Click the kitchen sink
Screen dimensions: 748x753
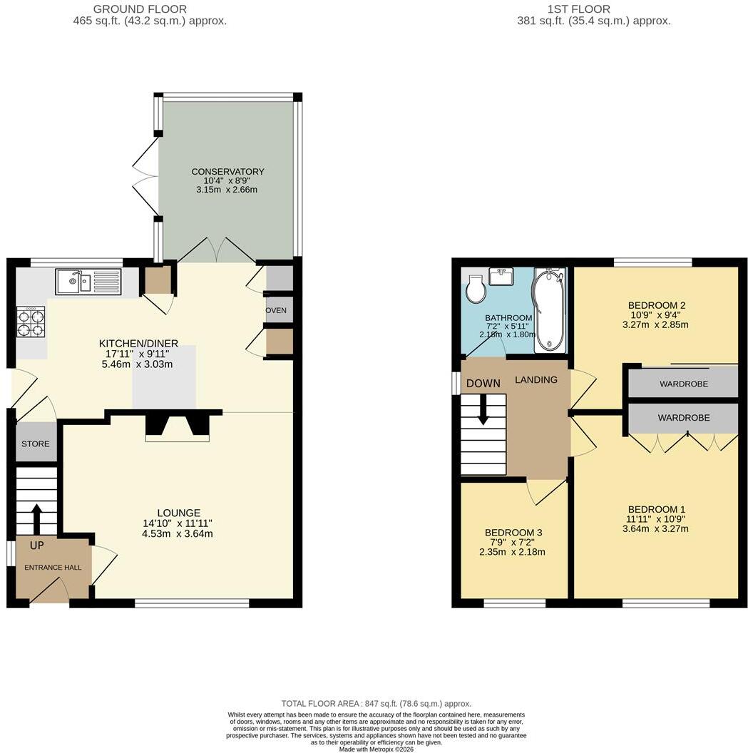[x=89, y=282]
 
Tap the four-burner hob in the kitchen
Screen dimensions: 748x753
[x=31, y=322]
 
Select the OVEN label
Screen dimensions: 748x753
[x=276, y=310]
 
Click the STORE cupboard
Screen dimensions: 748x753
[x=36, y=443]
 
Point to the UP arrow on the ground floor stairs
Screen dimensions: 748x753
[x=36, y=518]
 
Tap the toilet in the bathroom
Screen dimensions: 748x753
[x=476, y=289]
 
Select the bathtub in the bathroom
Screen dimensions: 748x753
[x=550, y=309]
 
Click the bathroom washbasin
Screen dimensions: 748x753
[x=501, y=277]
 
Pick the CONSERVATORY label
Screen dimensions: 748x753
[x=227, y=171]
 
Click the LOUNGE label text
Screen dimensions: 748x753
[x=178, y=513]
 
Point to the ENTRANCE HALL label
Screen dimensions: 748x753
[x=53, y=567]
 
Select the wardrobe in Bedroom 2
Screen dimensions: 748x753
[x=683, y=382]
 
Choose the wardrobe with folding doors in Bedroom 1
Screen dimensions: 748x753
[x=683, y=418]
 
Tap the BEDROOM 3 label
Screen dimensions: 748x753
[x=513, y=533]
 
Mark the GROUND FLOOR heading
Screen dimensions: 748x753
[x=140, y=9]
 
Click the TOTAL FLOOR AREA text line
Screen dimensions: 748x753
[x=376, y=704]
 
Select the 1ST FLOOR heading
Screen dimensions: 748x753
[x=579, y=9]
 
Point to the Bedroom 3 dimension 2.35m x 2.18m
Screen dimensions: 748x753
[x=512, y=552]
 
